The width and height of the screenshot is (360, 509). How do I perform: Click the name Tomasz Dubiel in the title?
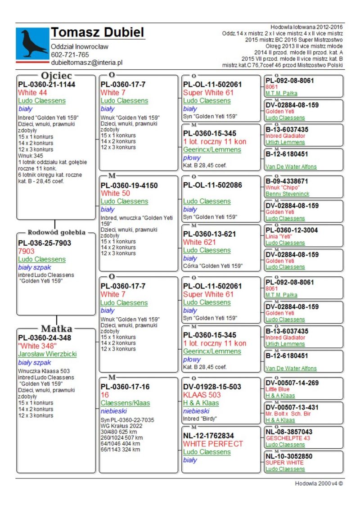pyautogui.click(x=97, y=32)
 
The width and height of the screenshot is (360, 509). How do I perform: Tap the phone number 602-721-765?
pyautogui.click(x=70, y=55)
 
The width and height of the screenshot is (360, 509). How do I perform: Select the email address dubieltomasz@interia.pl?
pyautogui.click(x=86, y=63)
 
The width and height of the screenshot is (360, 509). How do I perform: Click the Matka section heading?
pyautogui.click(x=57, y=329)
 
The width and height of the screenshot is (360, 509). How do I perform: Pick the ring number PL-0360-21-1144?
pyautogui.click(x=47, y=84)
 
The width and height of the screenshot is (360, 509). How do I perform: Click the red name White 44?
pyautogui.click(x=34, y=93)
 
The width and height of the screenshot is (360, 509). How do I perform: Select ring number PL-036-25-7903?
pyautogui.click(x=45, y=243)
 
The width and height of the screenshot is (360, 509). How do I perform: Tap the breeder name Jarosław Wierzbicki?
pyautogui.click(x=47, y=354)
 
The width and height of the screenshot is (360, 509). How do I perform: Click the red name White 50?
pyautogui.click(x=115, y=193)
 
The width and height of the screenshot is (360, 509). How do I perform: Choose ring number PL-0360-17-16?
pyautogui.click(x=125, y=387)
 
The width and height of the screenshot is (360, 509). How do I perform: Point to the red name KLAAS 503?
pyautogui.click(x=200, y=395)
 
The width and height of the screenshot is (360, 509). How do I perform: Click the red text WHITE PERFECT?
pyautogui.click(x=213, y=444)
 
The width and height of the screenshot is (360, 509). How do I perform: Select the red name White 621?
pyautogui.click(x=199, y=242)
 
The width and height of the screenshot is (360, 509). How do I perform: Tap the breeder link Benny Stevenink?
pyautogui.click(x=287, y=194)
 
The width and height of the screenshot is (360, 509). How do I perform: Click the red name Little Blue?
pyautogui.click(x=278, y=389)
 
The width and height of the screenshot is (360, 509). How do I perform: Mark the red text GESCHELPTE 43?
pyautogui.click(x=288, y=438)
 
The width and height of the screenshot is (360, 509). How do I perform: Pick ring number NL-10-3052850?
pyautogui.click(x=289, y=456)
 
